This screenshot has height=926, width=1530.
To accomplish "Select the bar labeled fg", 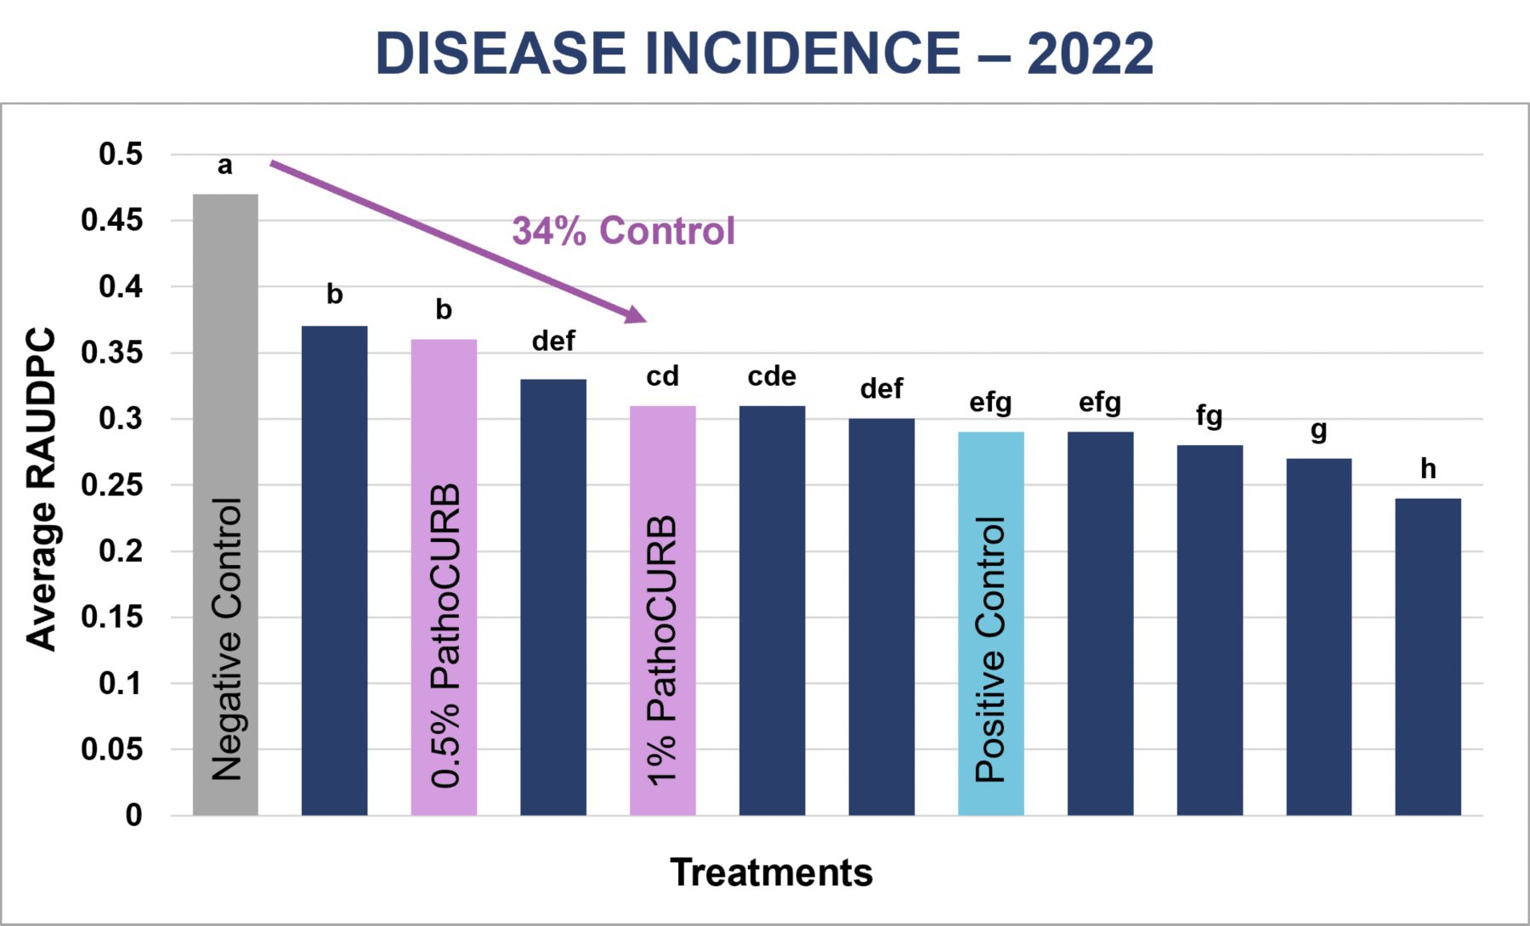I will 1210,629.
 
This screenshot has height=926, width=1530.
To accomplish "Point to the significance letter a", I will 225,165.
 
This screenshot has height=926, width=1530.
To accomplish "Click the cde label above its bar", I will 772,376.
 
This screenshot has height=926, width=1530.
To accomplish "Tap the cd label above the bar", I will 662,376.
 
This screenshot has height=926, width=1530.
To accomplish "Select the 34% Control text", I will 623,231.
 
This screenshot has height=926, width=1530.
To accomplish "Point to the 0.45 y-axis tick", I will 111,221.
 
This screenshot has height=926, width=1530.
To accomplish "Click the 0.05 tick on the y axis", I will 111,749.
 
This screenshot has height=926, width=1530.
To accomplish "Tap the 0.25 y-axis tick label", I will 111,485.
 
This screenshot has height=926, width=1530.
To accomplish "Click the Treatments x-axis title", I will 771,872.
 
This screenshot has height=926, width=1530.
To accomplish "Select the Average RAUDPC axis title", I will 41,488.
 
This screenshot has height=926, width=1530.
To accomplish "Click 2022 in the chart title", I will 1090,53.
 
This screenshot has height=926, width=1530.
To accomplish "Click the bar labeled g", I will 1318,637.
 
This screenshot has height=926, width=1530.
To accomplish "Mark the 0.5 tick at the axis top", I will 120,155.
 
